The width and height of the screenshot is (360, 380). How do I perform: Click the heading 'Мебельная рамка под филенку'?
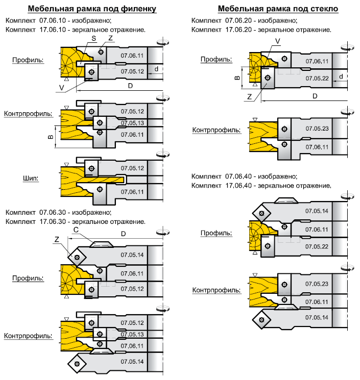pyautogui.click(x=92, y=9)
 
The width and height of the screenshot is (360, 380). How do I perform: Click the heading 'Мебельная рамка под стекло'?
pyautogui.click(x=278, y=9)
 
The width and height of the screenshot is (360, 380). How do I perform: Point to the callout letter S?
pyautogui.click(x=94, y=39)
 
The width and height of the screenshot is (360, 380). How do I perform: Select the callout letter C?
pyautogui.click(x=76, y=230)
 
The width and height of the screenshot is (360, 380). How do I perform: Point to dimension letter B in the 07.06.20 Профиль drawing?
pyautogui.click(x=236, y=78)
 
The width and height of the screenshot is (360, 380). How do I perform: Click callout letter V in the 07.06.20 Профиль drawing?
pyautogui.click(x=277, y=40)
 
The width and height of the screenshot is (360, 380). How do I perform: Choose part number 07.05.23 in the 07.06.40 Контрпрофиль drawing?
pyautogui.click(x=317, y=284)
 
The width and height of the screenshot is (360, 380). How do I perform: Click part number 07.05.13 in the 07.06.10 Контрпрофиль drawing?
pyautogui.click(x=133, y=123)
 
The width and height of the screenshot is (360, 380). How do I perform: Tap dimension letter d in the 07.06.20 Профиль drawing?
pyautogui.click(x=341, y=77)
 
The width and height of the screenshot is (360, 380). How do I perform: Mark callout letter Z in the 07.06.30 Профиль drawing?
pyautogui.click(x=57, y=239)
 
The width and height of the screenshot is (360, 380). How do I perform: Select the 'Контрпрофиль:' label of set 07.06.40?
pyautogui.click(x=217, y=290)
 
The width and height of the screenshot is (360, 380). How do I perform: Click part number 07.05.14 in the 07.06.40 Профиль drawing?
pyautogui.click(x=317, y=210)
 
